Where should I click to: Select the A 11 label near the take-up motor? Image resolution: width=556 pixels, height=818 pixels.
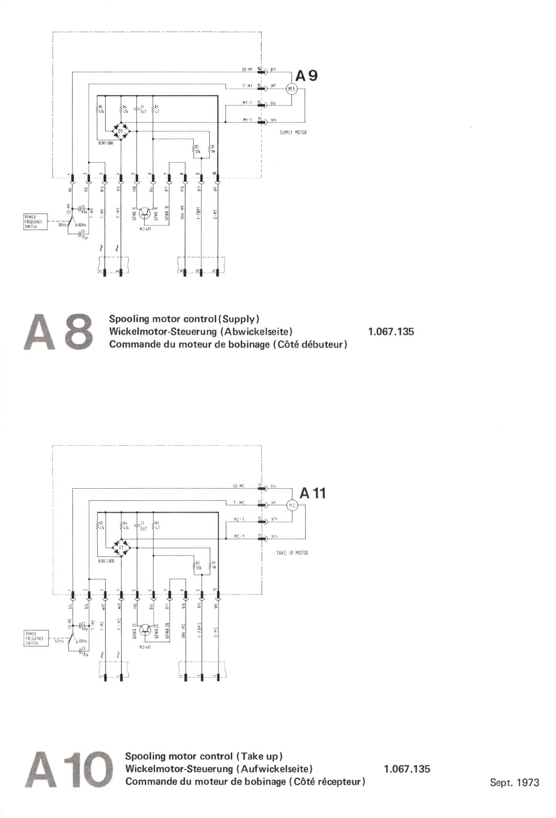click(x=312, y=493)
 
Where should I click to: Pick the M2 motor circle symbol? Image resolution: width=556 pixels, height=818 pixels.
click(x=292, y=505)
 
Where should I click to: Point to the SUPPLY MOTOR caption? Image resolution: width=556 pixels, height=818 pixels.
click(x=293, y=132)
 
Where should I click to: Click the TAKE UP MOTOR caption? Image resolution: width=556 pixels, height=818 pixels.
click(x=292, y=553)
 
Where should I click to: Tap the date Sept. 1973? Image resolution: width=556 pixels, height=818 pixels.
click(x=514, y=782)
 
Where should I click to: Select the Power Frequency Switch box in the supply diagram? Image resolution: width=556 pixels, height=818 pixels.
click(x=35, y=221)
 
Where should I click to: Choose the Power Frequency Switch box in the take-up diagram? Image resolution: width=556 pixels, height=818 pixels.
click(x=35, y=638)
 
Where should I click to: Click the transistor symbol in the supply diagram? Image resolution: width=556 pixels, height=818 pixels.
click(x=145, y=214)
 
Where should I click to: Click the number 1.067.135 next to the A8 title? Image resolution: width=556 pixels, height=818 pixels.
click(x=391, y=332)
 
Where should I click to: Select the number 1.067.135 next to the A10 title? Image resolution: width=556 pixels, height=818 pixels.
click(x=407, y=769)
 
